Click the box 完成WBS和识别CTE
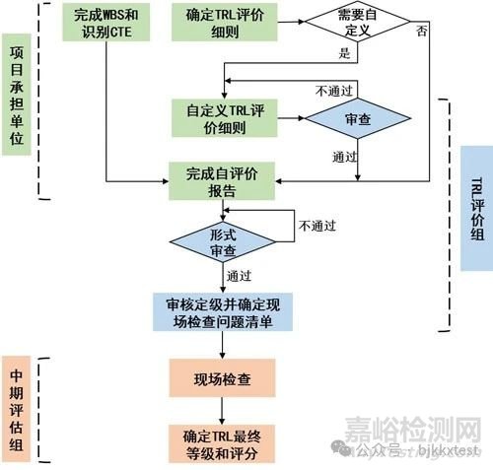click(x=106, y=23)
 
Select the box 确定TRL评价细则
click(x=225, y=23)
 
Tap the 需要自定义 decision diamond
click(x=358, y=22)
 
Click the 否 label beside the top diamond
click(x=422, y=32)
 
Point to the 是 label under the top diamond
click(x=344, y=53)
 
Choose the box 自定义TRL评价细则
click(x=225, y=118)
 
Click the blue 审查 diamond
click(x=358, y=118)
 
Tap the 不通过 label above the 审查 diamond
click(x=334, y=91)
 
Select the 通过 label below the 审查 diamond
click(x=344, y=157)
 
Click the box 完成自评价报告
click(x=222, y=181)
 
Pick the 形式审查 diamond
click(x=223, y=242)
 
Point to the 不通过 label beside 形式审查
click(x=317, y=226)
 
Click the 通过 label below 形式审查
click(x=239, y=276)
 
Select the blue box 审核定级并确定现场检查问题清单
click(x=223, y=312)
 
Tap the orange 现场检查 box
click(x=222, y=378)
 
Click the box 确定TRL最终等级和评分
click(x=222, y=443)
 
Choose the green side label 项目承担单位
click(x=17, y=95)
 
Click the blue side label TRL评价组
click(x=476, y=208)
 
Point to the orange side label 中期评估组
click(x=16, y=409)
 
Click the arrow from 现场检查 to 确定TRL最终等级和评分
click(x=222, y=411)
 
